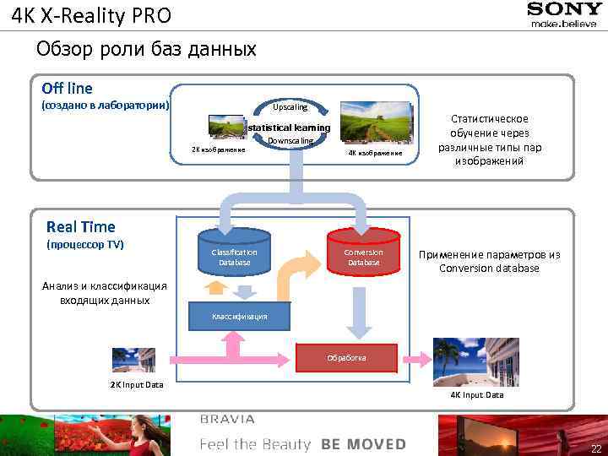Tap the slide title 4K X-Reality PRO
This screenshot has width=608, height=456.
tap(91, 15)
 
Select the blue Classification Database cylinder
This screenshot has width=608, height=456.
tap(234, 252)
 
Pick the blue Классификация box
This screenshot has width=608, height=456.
tap(240, 316)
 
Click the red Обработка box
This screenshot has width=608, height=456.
tap(347, 357)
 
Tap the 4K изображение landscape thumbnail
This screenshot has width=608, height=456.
tap(374, 122)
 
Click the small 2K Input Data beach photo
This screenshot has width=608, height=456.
tap(133, 361)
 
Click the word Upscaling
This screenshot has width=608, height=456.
tap(290, 107)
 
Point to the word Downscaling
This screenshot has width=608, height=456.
tap(290, 140)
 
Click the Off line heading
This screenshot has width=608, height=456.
tap(67, 88)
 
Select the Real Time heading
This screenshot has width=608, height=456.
tap(81, 226)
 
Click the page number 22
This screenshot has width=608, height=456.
tap(596, 448)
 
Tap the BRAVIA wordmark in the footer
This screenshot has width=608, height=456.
tap(227, 419)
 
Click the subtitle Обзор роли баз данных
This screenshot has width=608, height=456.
tap(146, 49)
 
